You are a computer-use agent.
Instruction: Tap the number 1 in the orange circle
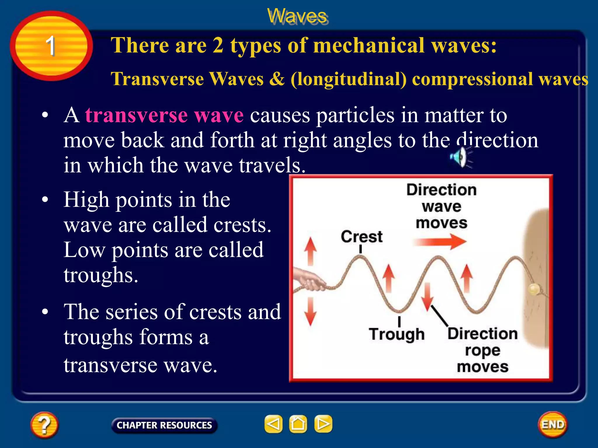pyautogui.click(x=51, y=46)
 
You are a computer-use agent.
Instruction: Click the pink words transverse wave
pyautogui.click(x=164, y=115)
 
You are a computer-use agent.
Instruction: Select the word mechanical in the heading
pyautogui.click(x=369, y=46)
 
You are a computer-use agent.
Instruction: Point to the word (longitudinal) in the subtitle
pyautogui.click(x=348, y=79)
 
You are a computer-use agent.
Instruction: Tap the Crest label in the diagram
pyautogui.click(x=361, y=237)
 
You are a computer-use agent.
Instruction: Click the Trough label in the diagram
pyautogui.click(x=396, y=334)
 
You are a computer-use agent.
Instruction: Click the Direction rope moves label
pyautogui.click(x=482, y=350)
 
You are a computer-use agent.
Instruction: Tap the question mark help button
pyautogui.click(x=44, y=425)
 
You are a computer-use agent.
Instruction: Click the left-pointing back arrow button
pyautogui.click(x=273, y=424)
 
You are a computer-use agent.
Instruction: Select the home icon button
pyautogui.click(x=298, y=424)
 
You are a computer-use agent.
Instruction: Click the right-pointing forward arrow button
pyautogui.click(x=323, y=424)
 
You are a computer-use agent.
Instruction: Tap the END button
pyautogui.click(x=552, y=425)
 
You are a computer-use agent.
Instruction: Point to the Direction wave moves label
pyautogui.click(x=441, y=206)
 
